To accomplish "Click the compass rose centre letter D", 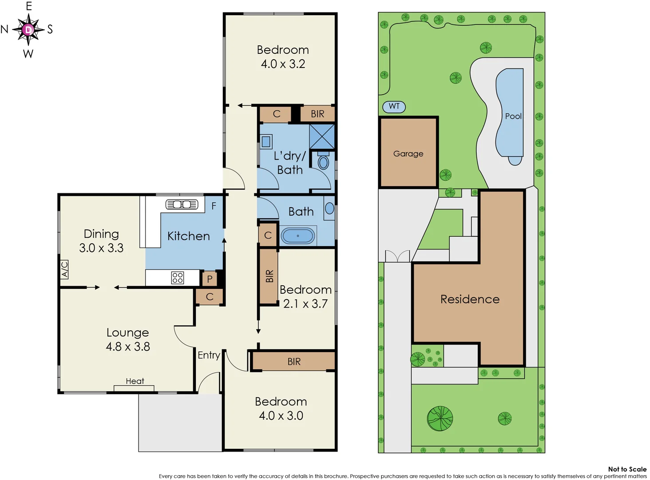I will (x=28, y=30).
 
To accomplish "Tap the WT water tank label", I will (x=394, y=106).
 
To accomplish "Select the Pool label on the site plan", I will (x=513, y=116).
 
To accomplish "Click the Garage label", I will (x=408, y=154).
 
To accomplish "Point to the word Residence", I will (x=470, y=299).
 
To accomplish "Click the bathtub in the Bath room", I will (x=298, y=236).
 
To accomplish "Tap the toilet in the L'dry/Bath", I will (x=324, y=162).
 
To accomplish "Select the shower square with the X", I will (x=322, y=136).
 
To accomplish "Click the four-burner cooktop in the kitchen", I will (x=177, y=278).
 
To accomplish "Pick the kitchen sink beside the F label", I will (x=182, y=204).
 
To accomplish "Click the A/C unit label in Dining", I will (x=65, y=269).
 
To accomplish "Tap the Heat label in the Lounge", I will (x=135, y=381).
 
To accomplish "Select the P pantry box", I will (x=210, y=279).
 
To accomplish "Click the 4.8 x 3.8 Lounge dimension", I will (x=128, y=347).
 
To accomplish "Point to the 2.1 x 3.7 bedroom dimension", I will (x=305, y=304).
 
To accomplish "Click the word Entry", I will (x=209, y=355).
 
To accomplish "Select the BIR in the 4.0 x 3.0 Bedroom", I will (x=294, y=362).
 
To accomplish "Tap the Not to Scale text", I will (x=627, y=469).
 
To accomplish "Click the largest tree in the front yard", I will (x=440, y=418).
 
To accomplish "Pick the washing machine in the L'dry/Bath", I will (x=266, y=142).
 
